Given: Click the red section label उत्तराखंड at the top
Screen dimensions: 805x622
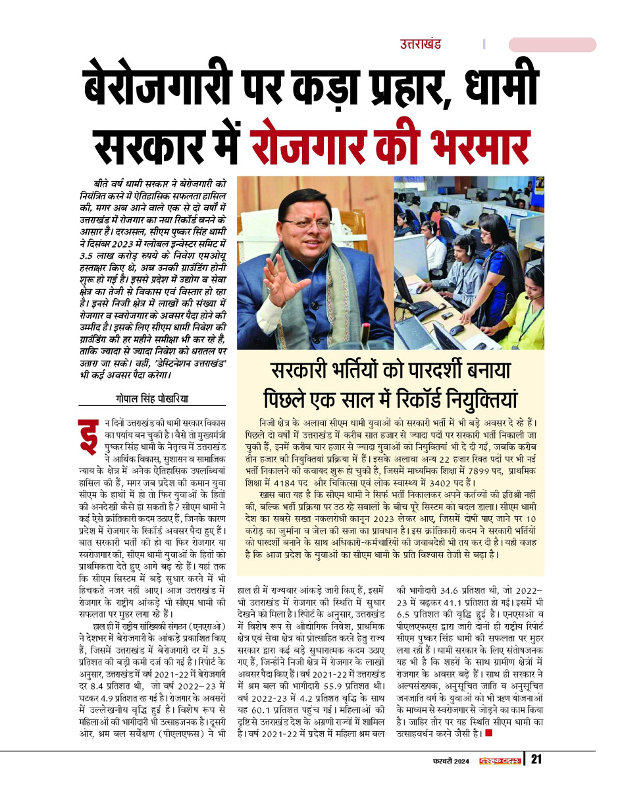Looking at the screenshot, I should (x=420, y=45).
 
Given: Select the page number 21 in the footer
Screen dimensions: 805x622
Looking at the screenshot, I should (x=536, y=760).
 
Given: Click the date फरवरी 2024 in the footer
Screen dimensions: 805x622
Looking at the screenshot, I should (x=452, y=761).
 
